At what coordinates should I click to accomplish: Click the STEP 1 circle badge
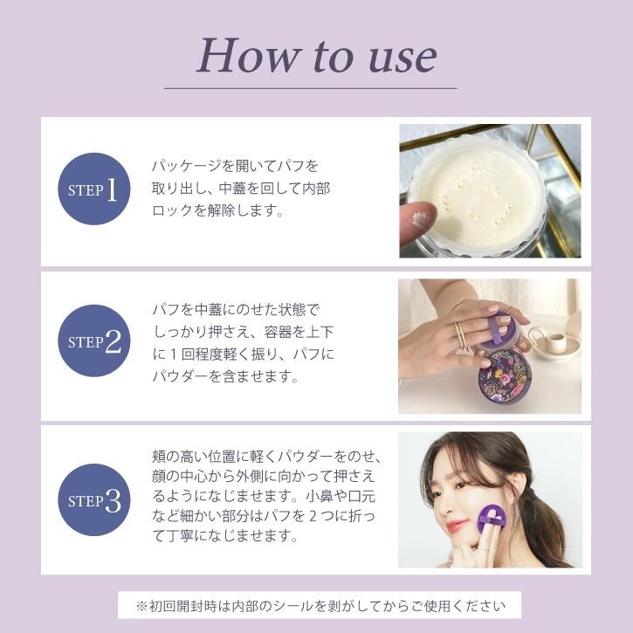pos(94,189)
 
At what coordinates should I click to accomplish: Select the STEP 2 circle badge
pos(94,341)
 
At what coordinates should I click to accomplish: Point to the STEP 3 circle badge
pos(94,499)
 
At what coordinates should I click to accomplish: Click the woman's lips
pos(455,526)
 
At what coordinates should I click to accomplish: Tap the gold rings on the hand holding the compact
pos(460,336)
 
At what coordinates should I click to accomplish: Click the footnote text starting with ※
pos(320,606)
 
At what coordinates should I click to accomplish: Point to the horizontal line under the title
pos(311,88)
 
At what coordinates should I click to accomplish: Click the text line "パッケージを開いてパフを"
pos(235,166)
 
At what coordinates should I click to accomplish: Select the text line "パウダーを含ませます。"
pos(225,376)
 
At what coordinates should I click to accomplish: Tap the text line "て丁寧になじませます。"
pos(225,536)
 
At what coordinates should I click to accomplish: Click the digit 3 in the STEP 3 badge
pos(114,501)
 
